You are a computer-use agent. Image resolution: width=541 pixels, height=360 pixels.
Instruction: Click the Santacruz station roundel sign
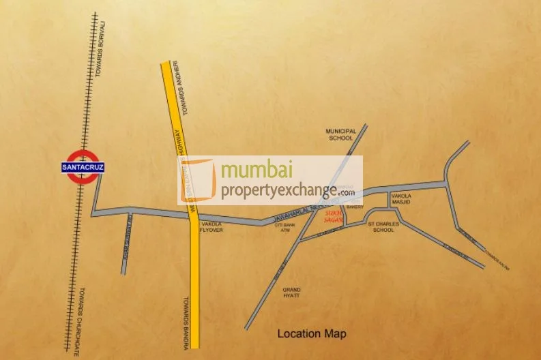78,167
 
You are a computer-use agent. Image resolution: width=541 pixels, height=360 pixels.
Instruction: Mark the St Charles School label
381,226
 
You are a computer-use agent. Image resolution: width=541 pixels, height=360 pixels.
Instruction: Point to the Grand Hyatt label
291,294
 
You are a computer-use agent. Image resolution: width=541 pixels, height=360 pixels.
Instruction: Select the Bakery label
355,207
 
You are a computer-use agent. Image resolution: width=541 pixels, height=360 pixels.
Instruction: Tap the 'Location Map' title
311,334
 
